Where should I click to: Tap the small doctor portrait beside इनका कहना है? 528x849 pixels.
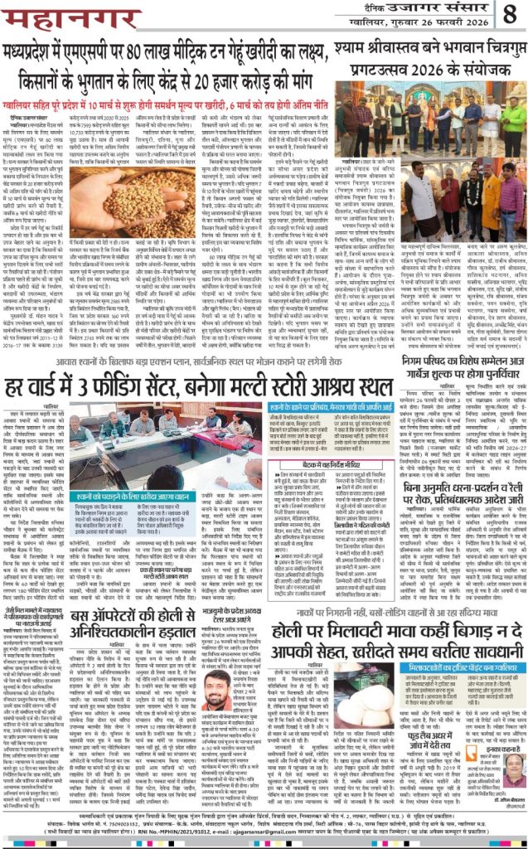[x=513, y=769]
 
